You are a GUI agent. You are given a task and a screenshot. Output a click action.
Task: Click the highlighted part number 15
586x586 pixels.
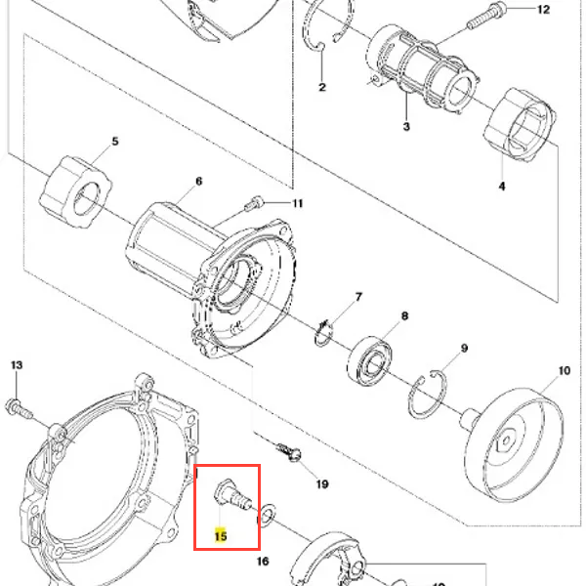(221, 536)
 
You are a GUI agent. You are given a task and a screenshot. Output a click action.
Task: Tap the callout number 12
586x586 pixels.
(543, 10)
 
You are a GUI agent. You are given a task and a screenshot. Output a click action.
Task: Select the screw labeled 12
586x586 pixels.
(485, 16)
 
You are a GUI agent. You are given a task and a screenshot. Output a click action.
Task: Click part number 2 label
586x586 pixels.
(322, 87)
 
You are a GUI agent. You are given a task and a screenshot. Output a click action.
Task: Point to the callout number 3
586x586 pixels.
(406, 126)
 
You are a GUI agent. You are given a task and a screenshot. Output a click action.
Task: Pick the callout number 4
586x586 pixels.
(502, 186)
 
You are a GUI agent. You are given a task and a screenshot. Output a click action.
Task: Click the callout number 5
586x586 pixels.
(115, 142)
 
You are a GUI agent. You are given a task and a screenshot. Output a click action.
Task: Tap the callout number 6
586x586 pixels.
(199, 182)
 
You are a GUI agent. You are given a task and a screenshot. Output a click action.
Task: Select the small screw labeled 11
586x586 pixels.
(254, 204)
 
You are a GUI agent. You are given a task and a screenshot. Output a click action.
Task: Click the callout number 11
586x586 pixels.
(298, 204)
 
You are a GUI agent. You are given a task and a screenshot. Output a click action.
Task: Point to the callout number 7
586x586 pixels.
(358, 297)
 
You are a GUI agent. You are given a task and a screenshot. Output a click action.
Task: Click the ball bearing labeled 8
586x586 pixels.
(370, 359)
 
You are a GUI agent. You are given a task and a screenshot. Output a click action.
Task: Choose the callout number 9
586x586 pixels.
(464, 349)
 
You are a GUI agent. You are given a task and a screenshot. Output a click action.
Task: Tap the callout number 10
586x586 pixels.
(565, 371)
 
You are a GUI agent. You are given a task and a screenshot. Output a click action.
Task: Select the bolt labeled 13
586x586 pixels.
(19, 409)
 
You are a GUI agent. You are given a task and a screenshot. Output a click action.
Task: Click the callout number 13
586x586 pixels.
(17, 365)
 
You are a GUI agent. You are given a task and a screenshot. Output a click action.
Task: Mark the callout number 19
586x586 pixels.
(322, 484)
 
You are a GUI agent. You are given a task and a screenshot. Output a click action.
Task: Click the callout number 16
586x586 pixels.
(263, 561)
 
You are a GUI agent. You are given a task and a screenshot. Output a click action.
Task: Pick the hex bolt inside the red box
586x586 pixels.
(233, 494)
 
